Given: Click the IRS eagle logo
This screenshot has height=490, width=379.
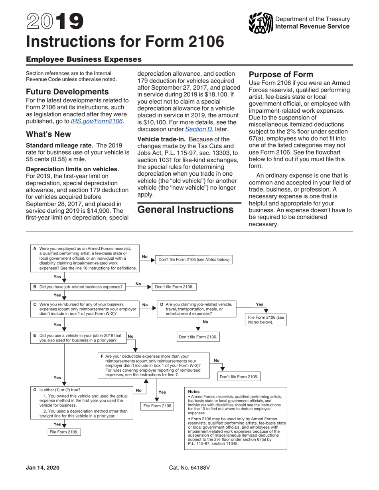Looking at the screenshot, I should click(260, 23).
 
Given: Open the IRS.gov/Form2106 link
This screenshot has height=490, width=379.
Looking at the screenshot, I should click(97, 121).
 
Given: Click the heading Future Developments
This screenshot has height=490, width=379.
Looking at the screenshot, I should click(67, 92).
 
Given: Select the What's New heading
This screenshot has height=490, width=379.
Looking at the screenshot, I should click(48, 134).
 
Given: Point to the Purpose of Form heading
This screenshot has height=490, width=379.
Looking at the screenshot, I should click(281, 74).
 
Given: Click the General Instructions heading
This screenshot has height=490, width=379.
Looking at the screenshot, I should click(186, 210).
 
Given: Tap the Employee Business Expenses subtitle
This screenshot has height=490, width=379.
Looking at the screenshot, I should click(84, 59).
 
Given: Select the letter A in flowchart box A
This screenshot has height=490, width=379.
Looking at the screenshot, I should click(35, 249).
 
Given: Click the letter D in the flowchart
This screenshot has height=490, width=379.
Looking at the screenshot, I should click(162, 304).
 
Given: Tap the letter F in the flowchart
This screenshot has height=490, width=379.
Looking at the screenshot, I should click(102, 356).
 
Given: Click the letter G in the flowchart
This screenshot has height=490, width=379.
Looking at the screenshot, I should click(35, 390).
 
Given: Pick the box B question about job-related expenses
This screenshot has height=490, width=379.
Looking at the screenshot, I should click(81, 287).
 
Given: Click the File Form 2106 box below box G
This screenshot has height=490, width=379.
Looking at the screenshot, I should click(64, 432).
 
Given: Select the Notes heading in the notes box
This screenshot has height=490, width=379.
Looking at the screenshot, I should click(194, 392).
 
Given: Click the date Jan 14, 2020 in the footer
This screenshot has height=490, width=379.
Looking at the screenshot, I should click(43, 467).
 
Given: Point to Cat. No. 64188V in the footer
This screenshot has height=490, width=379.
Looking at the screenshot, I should click(189, 467).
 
